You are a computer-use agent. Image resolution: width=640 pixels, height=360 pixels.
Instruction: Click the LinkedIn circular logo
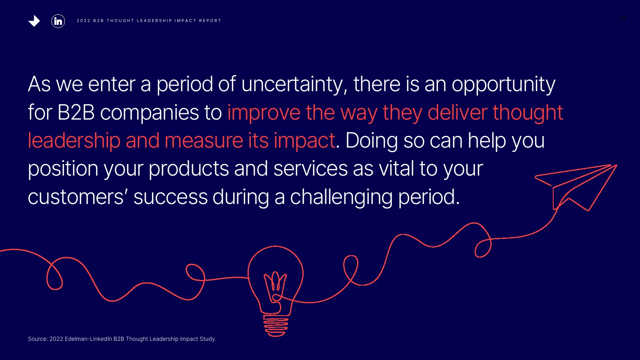pos(58,21)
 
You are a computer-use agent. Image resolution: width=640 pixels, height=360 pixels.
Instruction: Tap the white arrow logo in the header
pos(34,21)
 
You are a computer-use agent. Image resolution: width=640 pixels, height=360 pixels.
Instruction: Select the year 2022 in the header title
pos(84,20)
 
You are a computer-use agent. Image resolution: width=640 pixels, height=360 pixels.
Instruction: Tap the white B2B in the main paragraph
pos(76,112)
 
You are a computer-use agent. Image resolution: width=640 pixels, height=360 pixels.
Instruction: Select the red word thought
pos(528,112)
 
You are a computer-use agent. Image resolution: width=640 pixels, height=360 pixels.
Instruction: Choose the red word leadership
pos(74,141)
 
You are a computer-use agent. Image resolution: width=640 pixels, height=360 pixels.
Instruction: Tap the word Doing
pos(372,141)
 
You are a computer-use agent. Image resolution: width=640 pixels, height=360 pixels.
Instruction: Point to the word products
pos(188,168)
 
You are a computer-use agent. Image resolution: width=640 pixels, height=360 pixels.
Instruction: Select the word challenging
pos(341,197)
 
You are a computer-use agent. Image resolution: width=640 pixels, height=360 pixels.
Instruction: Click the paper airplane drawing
pos(576,188)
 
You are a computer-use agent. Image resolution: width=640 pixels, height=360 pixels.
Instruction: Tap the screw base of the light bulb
pos(276,326)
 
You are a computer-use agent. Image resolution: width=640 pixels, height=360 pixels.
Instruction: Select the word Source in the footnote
pos(38,339)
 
